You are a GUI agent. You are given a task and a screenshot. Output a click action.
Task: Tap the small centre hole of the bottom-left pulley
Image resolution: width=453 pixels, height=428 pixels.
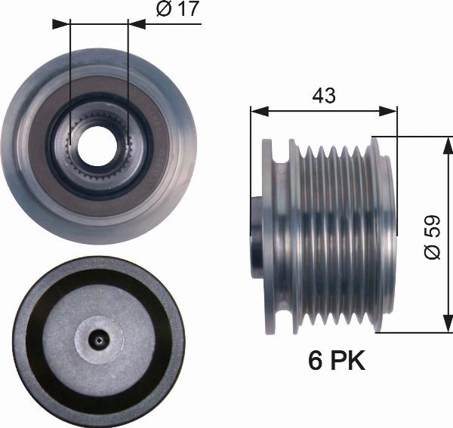pyautogui.click(x=97, y=340)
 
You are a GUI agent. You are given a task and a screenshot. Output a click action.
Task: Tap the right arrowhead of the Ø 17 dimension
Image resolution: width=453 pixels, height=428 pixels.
pyautogui.click(x=136, y=24)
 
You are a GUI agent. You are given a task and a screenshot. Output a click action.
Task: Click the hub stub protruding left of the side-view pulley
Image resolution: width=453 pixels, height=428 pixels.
pyautogui.click(x=255, y=235)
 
